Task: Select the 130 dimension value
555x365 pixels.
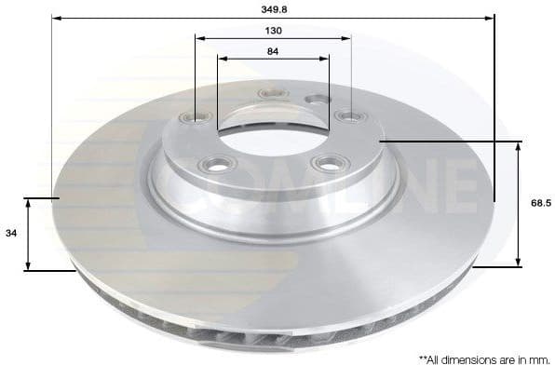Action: [273, 30]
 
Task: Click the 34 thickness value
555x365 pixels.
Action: [11, 234]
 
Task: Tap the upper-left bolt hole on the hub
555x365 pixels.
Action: [196, 116]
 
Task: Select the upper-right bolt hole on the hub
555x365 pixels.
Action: [350, 116]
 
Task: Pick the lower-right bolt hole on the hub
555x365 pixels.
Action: [327, 165]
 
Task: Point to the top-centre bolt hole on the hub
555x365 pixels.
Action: [275, 92]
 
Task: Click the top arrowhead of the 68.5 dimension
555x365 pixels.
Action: [517, 145]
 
